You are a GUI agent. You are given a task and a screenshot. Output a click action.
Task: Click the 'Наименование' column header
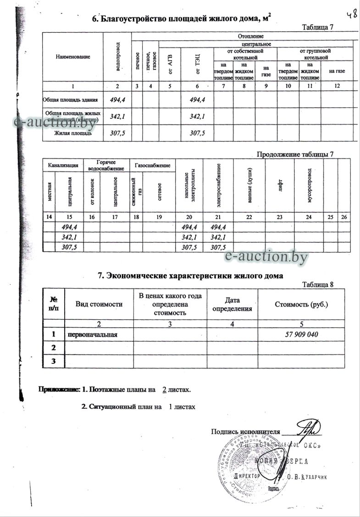pos(73,57)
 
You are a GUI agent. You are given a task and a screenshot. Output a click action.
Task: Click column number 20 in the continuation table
pos(189,216)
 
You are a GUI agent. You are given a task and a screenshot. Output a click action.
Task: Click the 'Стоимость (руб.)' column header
pos(301,304)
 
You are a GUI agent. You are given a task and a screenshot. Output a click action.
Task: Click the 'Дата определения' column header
pos(233,304)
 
